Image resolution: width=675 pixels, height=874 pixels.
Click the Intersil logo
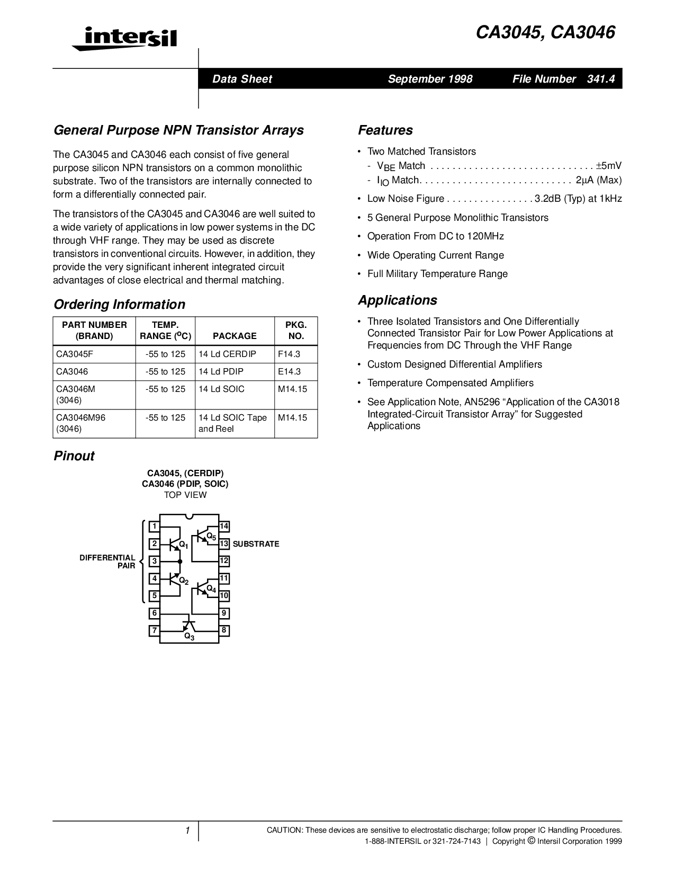point(124,39)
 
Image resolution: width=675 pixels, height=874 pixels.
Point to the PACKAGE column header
point(235,336)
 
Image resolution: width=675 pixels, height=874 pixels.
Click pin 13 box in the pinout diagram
point(224,543)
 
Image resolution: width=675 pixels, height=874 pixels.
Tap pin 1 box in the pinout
point(154,526)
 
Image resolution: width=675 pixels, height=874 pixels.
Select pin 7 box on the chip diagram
point(154,630)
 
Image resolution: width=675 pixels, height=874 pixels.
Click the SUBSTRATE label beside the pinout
point(256,544)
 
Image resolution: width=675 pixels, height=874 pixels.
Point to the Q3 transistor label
point(190,637)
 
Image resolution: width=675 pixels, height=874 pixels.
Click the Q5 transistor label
point(211,537)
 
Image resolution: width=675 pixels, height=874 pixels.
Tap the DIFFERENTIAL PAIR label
point(107,561)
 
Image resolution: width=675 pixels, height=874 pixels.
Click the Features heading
point(385,130)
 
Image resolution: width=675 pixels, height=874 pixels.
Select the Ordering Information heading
point(120,305)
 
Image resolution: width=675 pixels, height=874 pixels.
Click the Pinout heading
point(74,456)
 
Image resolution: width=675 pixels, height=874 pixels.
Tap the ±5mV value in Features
point(609,165)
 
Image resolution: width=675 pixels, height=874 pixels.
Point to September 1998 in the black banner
point(430,79)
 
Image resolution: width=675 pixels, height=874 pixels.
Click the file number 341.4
point(601,79)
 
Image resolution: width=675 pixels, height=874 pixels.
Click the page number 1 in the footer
point(187,830)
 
